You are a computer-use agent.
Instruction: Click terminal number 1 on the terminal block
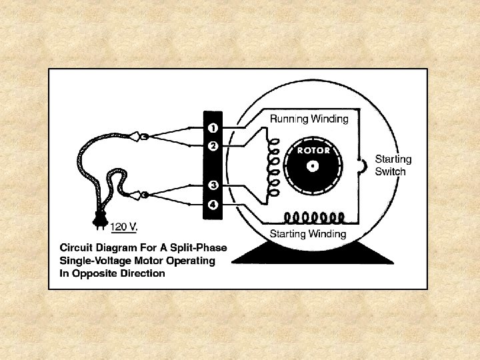tap(211, 127)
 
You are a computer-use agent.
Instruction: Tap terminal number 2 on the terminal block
tap(211, 145)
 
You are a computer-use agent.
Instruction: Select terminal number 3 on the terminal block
tap(211, 185)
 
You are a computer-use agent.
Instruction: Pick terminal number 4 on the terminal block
tap(211, 204)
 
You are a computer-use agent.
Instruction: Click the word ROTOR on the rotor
tap(313, 151)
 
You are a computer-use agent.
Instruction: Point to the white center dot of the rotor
tap(313, 165)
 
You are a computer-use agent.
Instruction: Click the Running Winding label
tap(309, 119)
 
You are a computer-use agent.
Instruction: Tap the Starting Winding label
tap(307, 233)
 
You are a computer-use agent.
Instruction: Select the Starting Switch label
tap(393, 165)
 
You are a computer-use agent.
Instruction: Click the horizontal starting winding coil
tap(314, 217)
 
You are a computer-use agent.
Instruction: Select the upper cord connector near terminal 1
tap(142, 137)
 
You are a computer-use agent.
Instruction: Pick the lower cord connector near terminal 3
tap(142, 195)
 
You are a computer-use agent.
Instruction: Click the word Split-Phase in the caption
tap(199, 247)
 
